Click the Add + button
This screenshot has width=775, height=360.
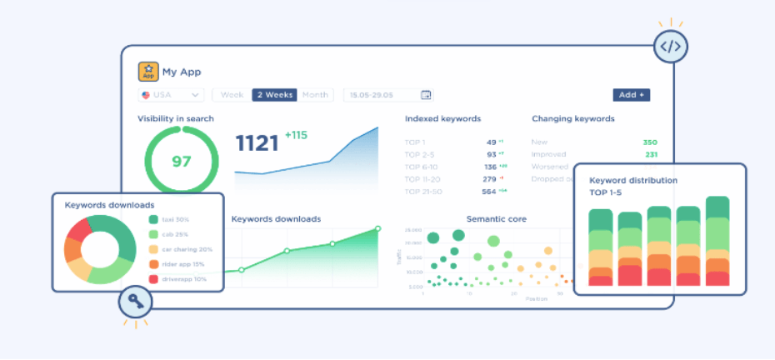(x=631, y=95)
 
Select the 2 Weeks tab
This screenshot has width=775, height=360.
(x=274, y=95)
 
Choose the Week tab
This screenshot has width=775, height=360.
(x=232, y=95)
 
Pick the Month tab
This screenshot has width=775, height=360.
(x=315, y=95)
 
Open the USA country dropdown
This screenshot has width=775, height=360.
(x=172, y=95)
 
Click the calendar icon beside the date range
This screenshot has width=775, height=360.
(x=426, y=95)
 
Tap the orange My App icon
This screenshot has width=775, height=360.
(x=148, y=72)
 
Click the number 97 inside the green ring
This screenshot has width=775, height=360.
(x=182, y=161)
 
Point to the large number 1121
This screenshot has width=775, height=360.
(x=257, y=143)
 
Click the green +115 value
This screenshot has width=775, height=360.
(x=296, y=135)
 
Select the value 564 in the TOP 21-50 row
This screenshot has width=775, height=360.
(x=489, y=191)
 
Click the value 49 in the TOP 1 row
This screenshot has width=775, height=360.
(x=491, y=142)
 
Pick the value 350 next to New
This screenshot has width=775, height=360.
(x=650, y=142)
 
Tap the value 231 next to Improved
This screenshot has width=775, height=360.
(x=651, y=154)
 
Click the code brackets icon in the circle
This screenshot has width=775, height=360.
(x=670, y=47)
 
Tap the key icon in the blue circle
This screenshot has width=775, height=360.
(x=135, y=303)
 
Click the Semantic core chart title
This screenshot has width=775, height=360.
(x=496, y=219)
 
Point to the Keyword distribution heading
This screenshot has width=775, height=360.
(x=633, y=180)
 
